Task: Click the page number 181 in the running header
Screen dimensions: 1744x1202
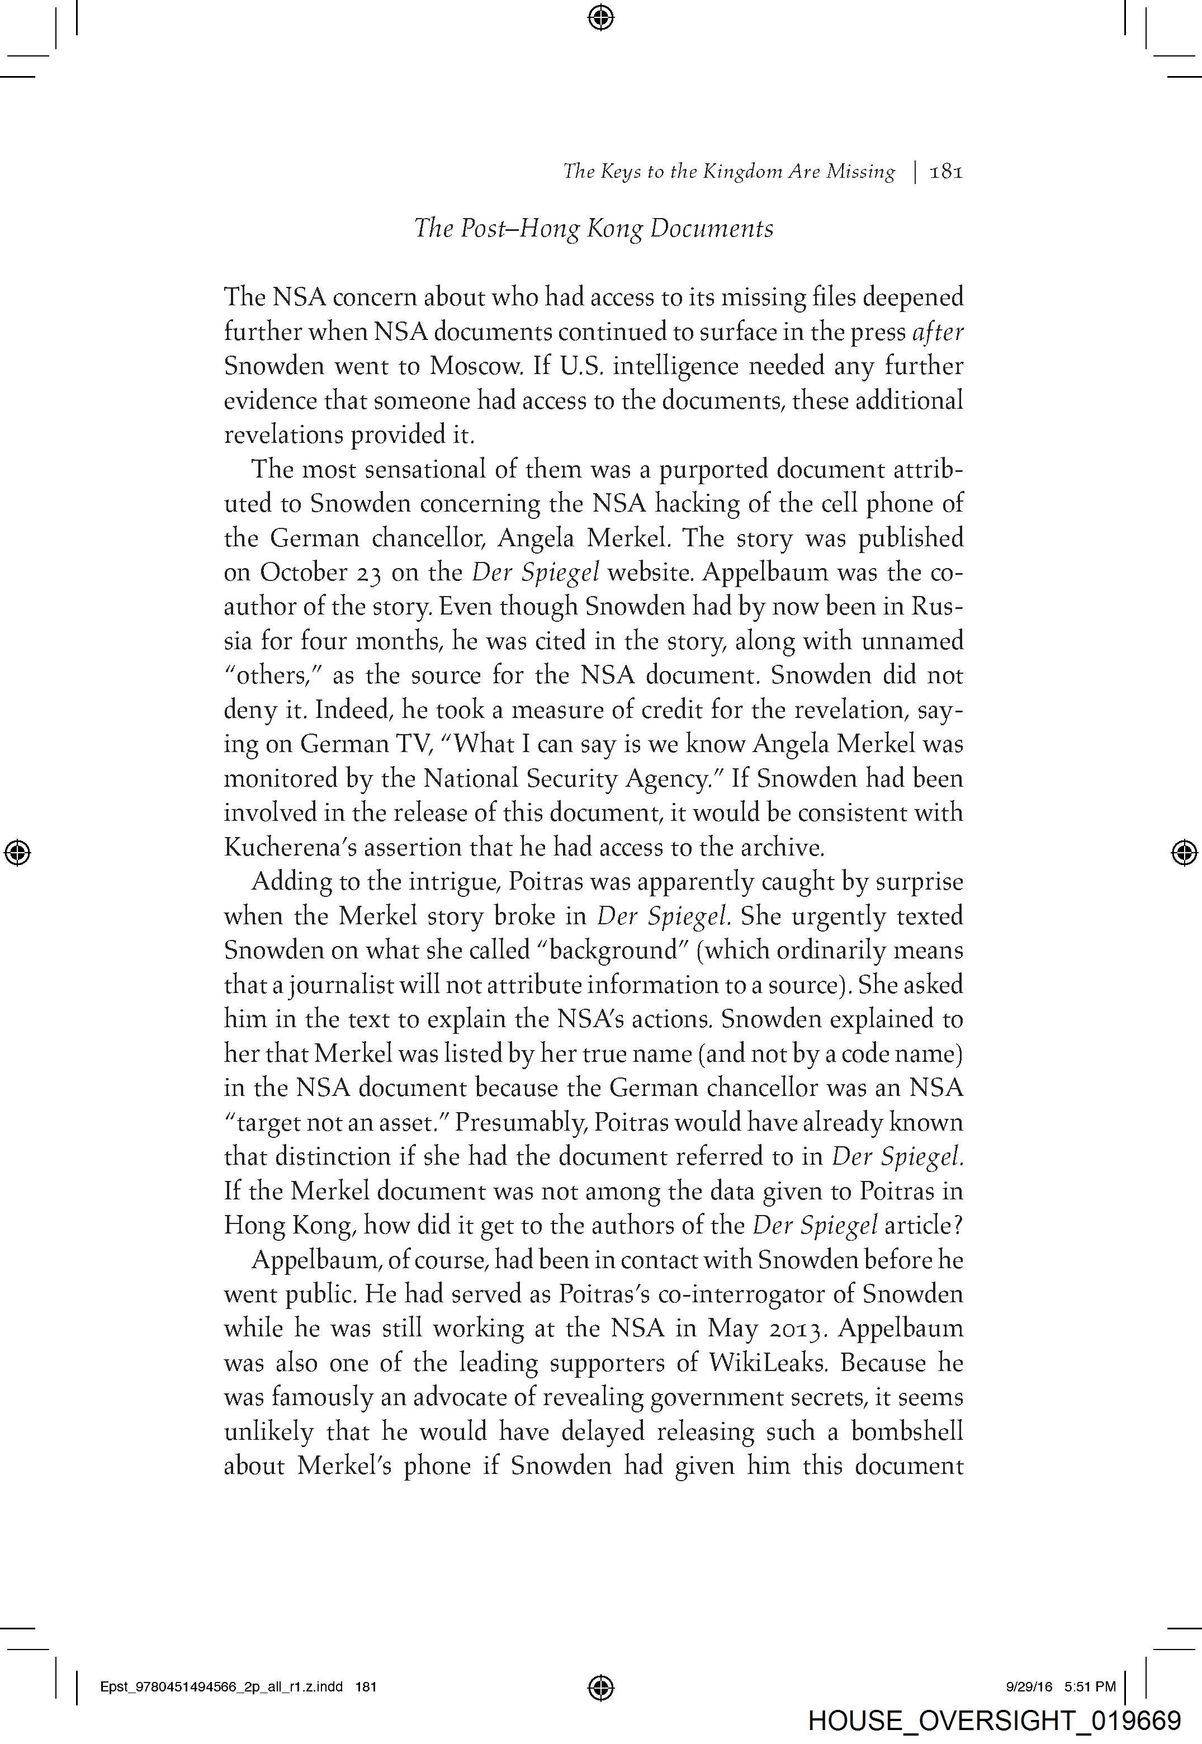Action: coord(947,172)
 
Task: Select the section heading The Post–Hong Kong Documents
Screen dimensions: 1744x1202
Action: coord(594,228)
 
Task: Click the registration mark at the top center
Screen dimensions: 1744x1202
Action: coord(600,17)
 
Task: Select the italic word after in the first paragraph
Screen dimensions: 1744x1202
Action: coord(937,332)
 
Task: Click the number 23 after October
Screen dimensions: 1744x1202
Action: coord(369,573)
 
